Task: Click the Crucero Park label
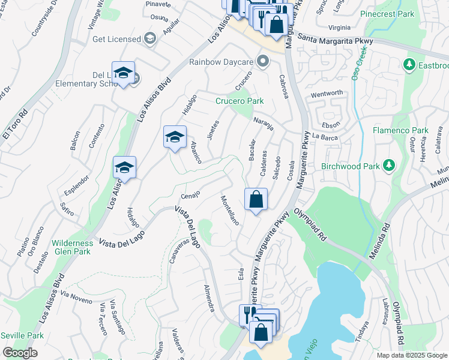click(x=240, y=101)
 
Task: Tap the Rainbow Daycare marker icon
click(x=262, y=61)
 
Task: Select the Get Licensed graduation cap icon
click(x=149, y=39)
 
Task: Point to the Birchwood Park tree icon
click(x=389, y=165)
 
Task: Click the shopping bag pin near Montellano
click(x=256, y=200)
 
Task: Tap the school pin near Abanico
click(x=175, y=137)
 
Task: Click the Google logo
click(x=19, y=353)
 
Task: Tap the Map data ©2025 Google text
click(x=412, y=355)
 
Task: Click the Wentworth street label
click(x=326, y=93)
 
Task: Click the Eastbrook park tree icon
click(x=409, y=64)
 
